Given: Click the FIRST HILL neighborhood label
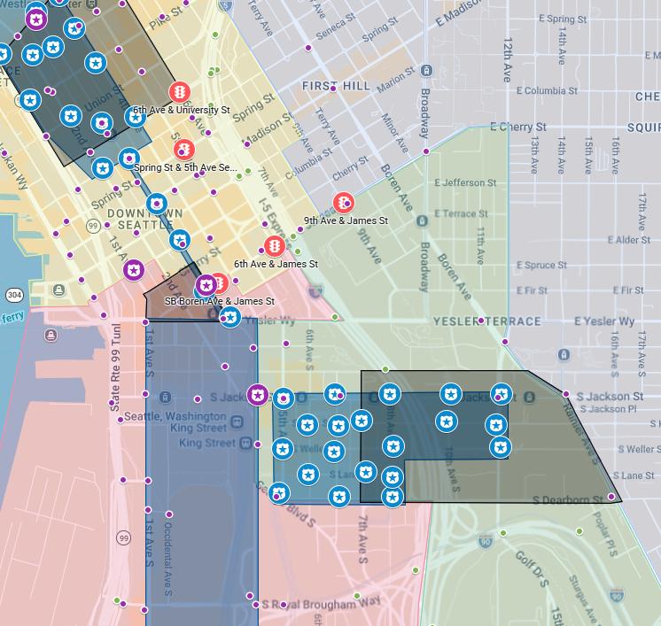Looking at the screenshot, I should click(x=336, y=86).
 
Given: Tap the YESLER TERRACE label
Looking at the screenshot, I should click(x=486, y=321).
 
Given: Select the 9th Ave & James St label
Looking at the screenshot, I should click(x=346, y=220).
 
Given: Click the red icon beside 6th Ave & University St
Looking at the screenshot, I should click(x=180, y=92).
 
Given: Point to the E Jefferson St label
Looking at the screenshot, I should click(x=466, y=183).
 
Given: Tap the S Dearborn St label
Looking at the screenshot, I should click(x=568, y=500).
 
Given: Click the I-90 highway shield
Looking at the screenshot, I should click(x=485, y=540).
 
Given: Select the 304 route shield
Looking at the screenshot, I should click(x=14, y=295).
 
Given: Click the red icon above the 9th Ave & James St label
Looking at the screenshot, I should click(x=343, y=204).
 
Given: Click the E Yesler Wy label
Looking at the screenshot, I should click(x=604, y=321).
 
